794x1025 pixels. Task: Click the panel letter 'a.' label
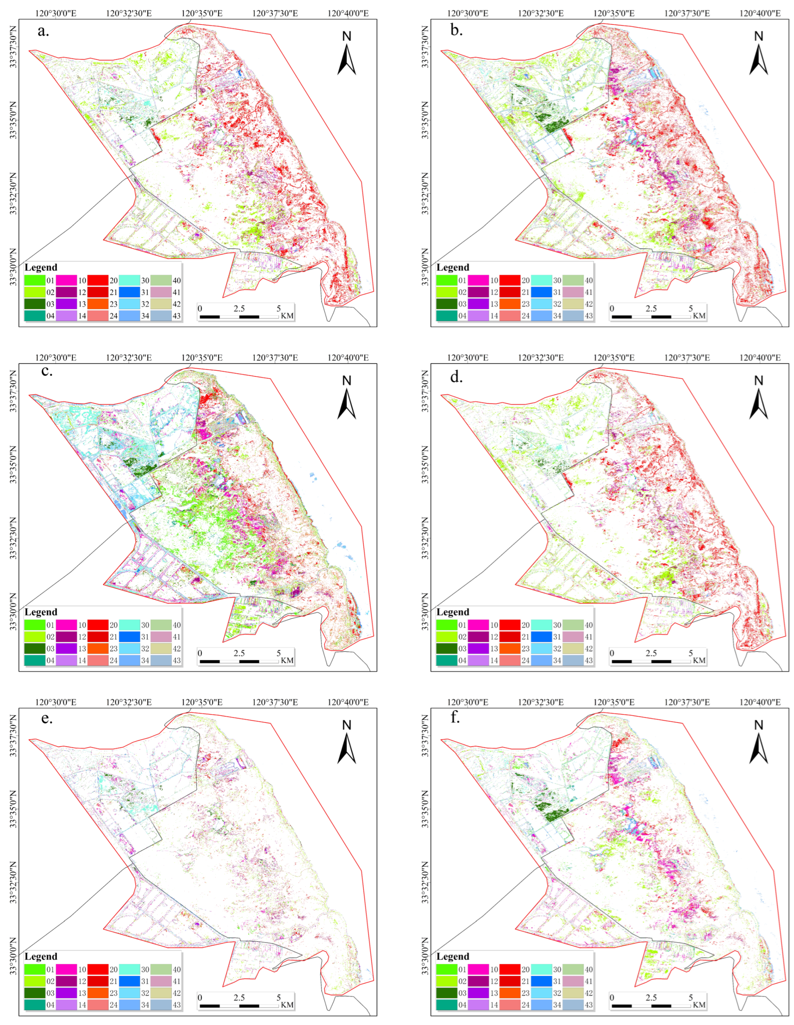43,32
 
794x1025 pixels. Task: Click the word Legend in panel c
41,612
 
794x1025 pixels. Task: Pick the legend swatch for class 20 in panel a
98,280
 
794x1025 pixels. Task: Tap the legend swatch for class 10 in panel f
478,969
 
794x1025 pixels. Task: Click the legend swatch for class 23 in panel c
98,649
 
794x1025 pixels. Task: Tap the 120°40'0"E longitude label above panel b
760,13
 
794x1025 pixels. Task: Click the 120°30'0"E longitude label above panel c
56,358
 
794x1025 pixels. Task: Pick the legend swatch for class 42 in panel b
572,304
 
